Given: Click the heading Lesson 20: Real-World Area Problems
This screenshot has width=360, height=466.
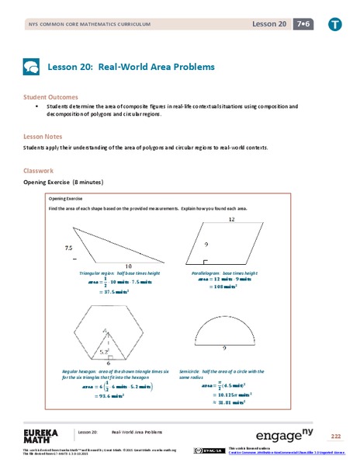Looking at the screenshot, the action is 131,67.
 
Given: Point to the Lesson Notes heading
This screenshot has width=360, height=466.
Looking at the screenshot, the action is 42,134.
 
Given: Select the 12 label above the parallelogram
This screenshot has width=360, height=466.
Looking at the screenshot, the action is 230,221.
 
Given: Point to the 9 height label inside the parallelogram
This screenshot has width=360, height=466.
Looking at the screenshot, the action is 206,245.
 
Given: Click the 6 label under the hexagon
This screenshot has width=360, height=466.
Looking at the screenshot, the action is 108,362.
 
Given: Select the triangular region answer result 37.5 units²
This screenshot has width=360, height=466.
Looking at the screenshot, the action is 109,293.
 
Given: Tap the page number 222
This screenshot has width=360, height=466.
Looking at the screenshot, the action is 335,436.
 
